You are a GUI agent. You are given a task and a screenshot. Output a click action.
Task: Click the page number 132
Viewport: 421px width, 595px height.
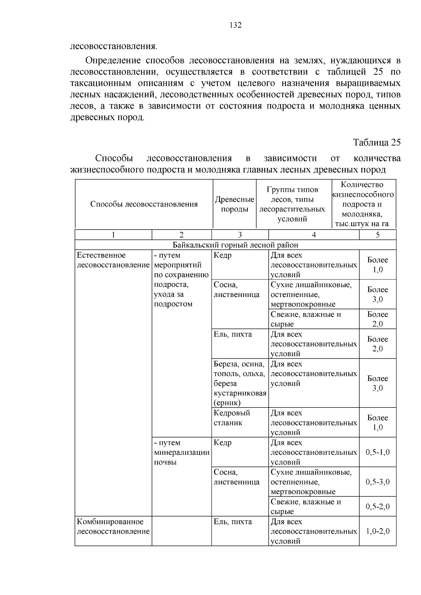pos(235,25)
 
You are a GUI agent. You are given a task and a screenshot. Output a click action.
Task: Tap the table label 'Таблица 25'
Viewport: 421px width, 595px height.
pos(377,143)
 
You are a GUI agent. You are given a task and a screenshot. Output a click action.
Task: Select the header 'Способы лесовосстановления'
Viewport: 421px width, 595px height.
pos(144,204)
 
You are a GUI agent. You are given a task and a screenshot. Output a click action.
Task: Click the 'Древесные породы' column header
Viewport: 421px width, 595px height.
pos(234,204)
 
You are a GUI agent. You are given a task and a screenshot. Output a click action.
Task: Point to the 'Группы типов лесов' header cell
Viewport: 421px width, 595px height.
pos(292,204)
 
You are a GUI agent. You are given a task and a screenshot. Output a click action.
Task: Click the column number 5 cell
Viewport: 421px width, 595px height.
pos(377,235)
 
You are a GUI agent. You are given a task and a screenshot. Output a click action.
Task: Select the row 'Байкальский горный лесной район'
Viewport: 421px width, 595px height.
pos(235,245)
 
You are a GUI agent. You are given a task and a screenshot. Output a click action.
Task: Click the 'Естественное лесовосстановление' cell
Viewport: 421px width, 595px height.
pos(113,260)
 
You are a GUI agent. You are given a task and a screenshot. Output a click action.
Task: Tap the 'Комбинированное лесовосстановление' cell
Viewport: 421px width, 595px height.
pos(113,527)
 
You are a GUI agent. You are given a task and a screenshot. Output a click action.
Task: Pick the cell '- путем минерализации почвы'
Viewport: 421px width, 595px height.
pos(181,452)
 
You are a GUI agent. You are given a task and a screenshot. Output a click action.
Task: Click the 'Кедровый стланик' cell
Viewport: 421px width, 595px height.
pos(232,418)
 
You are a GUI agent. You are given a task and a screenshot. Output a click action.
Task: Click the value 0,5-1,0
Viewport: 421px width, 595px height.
pos(377,452)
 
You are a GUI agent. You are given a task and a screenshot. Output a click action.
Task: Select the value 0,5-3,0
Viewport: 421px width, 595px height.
pos(377,482)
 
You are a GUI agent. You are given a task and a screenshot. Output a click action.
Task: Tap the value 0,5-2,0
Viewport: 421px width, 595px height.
pos(377,507)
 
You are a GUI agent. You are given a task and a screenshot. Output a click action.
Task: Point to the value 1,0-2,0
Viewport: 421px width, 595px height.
pos(377,531)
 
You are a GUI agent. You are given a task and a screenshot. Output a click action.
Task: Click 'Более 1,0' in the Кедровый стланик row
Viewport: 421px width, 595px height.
pos(377,422)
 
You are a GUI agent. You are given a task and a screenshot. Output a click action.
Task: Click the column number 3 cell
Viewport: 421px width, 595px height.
pos(240,235)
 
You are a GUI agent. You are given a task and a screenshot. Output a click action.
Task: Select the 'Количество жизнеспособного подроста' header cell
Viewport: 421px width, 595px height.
pos(363,204)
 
